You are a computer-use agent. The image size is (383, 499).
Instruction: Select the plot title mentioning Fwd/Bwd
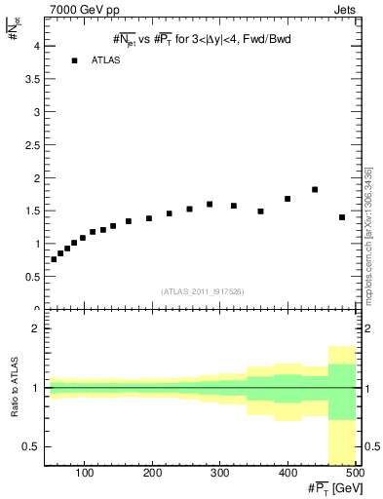coord(203,38)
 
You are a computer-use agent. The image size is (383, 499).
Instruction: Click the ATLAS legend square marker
coord(74,60)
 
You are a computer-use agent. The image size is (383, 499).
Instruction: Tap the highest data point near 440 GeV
coord(315,189)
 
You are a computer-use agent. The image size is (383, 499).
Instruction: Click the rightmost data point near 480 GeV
coord(342,217)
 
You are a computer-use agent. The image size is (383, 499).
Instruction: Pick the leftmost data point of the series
coord(54,259)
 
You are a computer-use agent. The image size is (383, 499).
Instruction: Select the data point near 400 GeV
coord(287,199)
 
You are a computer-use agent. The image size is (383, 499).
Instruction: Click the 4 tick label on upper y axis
coord(36,46)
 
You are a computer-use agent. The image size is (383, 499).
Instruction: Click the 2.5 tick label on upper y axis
coord(32,145)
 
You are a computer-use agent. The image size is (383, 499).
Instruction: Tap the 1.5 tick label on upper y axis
coord(32,211)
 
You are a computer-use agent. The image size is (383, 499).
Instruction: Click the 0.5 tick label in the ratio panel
coord(32,446)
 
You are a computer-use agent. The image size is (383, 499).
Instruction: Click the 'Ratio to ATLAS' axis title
coord(13,389)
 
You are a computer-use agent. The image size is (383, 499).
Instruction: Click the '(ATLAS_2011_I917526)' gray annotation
coord(201,290)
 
